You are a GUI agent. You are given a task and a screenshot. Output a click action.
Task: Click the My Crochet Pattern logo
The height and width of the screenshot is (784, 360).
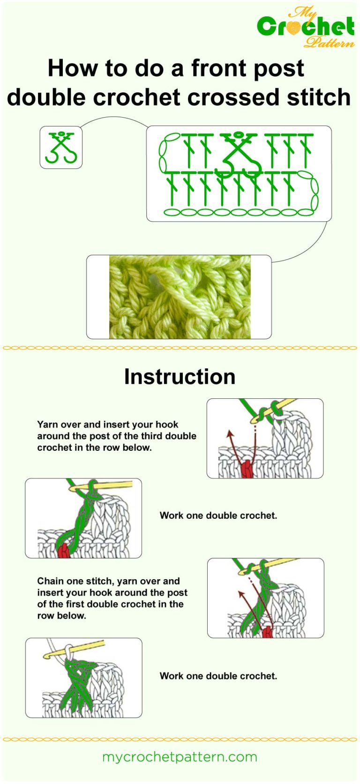[306, 27]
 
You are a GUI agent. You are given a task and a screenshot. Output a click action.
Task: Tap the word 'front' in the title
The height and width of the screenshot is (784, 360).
[221, 68]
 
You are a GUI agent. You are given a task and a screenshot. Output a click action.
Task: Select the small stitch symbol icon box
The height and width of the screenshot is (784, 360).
[61, 147]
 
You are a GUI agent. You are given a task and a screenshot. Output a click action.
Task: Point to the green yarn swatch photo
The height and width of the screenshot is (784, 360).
[180, 297]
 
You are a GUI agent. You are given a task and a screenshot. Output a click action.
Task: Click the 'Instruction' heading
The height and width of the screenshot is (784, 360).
[180, 377]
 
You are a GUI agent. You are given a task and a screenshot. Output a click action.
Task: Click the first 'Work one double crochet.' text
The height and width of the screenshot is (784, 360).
[218, 515]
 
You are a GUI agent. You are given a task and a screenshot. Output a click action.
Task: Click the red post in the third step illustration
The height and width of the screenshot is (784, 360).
[267, 632]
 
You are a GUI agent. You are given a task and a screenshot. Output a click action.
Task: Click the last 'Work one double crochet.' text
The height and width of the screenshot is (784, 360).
[218, 676]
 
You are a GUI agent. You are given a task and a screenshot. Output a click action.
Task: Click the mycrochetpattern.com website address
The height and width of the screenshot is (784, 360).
[180, 757]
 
